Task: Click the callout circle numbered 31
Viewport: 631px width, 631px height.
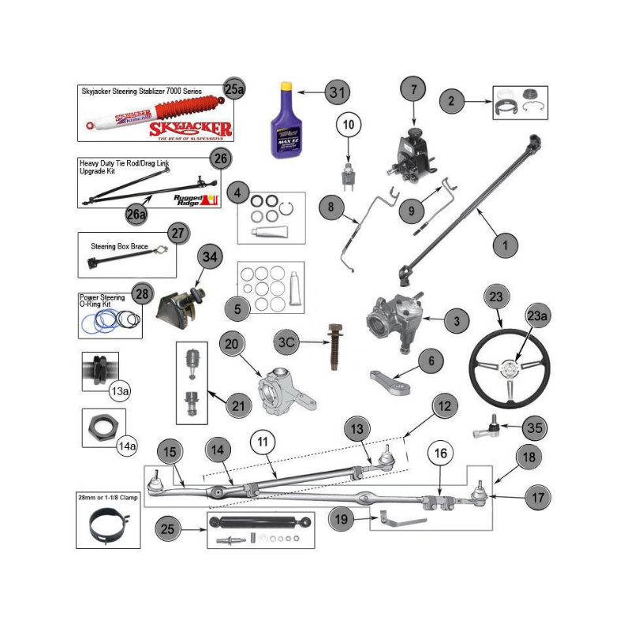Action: tap(338, 92)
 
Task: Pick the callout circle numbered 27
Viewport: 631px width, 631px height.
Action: tap(179, 233)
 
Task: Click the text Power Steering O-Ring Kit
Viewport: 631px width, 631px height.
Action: tap(103, 301)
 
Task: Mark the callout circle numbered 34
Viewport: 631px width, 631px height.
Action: tap(209, 257)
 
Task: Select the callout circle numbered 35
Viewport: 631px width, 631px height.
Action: tap(535, 430)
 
